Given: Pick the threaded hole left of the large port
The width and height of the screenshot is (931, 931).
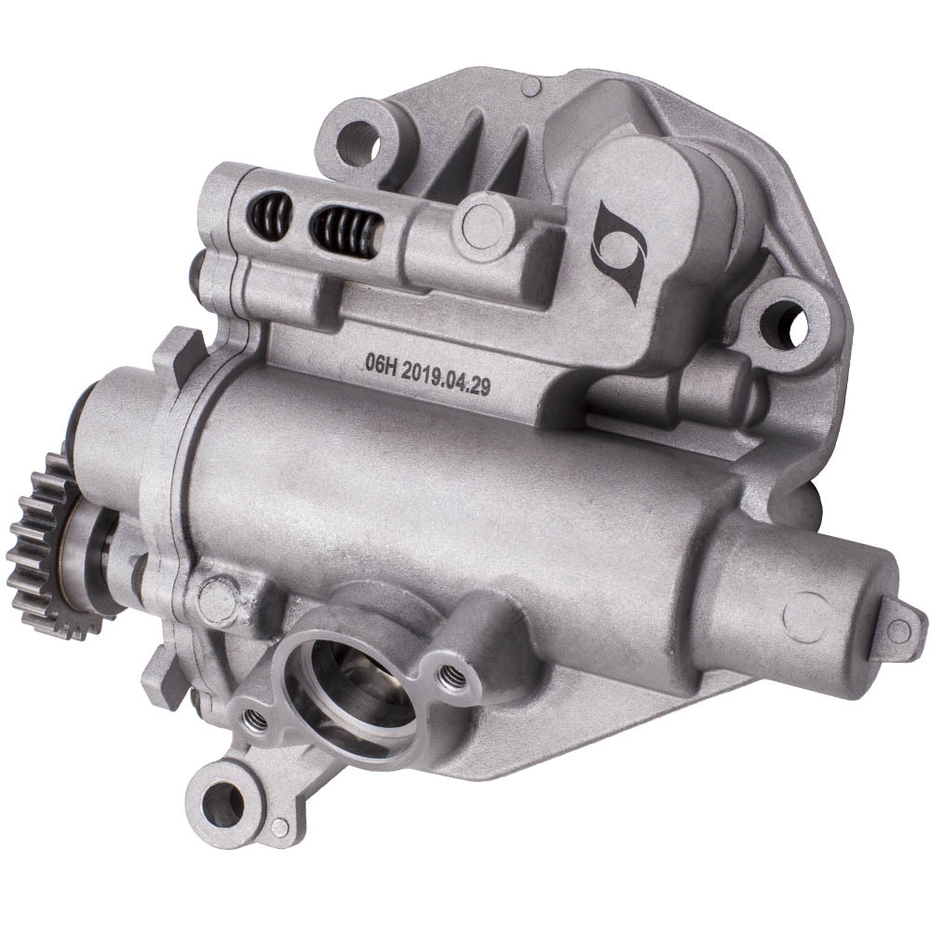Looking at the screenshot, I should click(x=254, y=721).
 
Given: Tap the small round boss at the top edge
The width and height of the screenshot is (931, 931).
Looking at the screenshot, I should click(x=532, y=88).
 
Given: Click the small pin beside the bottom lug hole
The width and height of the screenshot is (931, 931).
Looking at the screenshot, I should click(x=279, y=827).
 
